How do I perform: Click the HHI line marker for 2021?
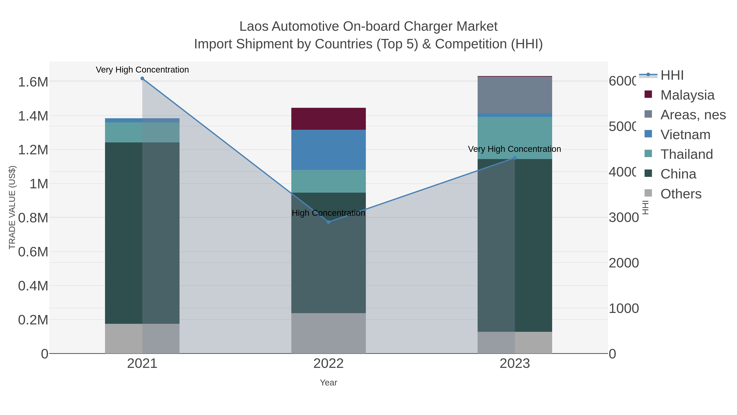pyautogui.click(x=142, y=78)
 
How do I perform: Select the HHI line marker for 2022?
pyautogui.click(x=328, y=222)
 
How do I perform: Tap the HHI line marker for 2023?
pyautogui.click(x=515, y=158)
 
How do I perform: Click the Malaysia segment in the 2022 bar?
pyautogui.click(x=328, y=119)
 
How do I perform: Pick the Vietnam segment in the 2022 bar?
pyautogui.click(x=328, y=150)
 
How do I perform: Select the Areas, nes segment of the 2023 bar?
pyautogui.click(x=515, y=95)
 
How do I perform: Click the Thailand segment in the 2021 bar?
pyautogui.click(x=142, y=132)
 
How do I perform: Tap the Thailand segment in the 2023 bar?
pyautogui.click(x=515, y=138)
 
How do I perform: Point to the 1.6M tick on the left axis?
pyautogui.click(x=33, y=82)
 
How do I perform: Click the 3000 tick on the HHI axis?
pyautogui.click(x=623, y=218)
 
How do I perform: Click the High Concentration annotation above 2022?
pyautogui.click(x=328, y=213)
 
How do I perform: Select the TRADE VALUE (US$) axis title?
pyautogui.click(x=12, y=207)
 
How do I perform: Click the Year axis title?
pyautogui.click(x=328, y=383)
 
